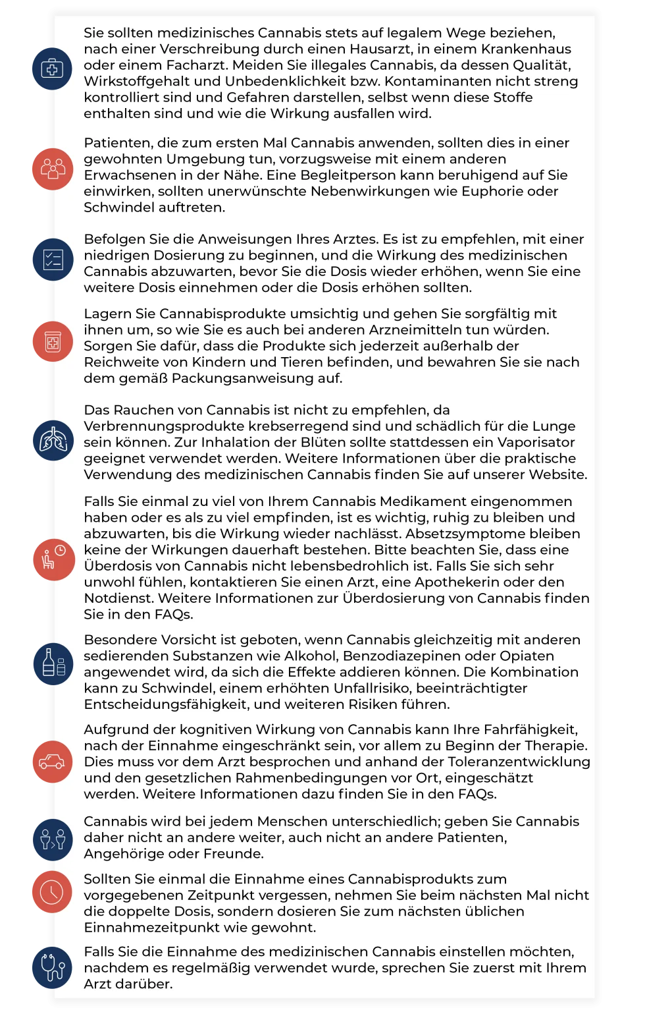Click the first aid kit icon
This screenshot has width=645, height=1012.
tap(52, 69)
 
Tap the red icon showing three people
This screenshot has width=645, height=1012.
tap(53, 169)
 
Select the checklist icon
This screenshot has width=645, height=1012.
tap(53, 260)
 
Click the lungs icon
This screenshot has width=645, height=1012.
tap(53, 440)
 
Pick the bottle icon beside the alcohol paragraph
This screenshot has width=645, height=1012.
tap(53, 663)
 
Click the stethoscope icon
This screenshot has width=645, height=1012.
tap(52, 967)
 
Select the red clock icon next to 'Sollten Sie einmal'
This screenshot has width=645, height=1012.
tap(52, 892)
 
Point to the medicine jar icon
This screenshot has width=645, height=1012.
tap(53, 342)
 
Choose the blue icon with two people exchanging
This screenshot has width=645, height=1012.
tap(53, 839)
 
